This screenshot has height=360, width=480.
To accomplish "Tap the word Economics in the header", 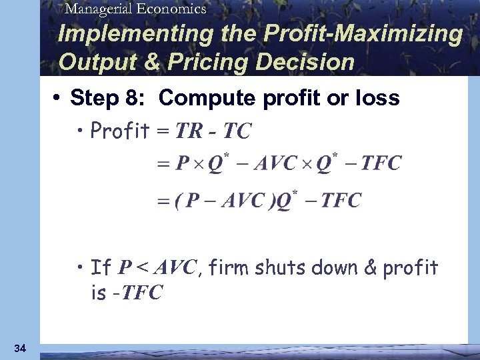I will [x=175, y=9].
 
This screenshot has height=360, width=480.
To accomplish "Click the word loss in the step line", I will [x=377, y=99].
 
